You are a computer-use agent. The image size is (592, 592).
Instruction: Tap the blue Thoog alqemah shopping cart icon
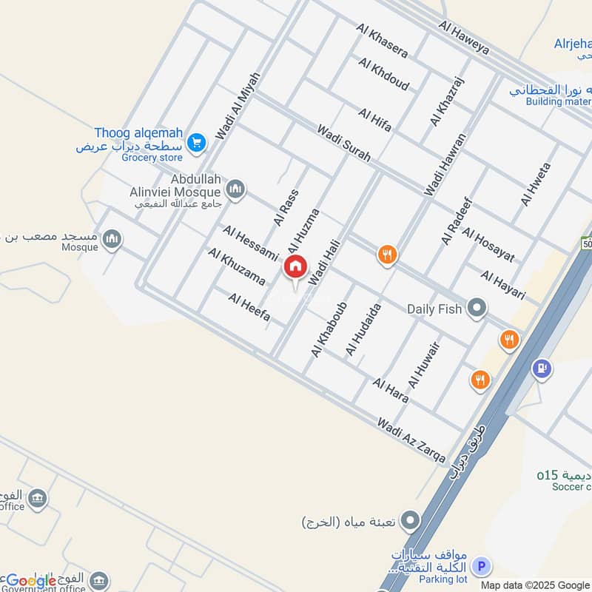196,142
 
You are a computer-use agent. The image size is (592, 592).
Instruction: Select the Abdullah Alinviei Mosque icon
235,189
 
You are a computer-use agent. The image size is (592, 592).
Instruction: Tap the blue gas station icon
542,368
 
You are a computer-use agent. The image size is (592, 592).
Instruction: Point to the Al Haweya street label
464,38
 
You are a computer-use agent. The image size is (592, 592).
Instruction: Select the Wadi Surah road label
344,144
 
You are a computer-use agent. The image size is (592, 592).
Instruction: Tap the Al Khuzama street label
237,267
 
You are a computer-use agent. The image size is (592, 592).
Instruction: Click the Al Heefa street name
249,309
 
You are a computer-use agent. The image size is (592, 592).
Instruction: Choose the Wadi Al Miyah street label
238,105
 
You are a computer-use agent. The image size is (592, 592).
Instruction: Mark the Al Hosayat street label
488,246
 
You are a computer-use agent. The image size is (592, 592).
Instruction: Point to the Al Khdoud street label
383,73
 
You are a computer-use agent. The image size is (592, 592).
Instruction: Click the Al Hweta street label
536,184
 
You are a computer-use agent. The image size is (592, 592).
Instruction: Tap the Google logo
31,581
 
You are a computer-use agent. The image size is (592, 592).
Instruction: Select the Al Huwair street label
425,365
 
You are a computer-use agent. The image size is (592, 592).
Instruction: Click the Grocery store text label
152,158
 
